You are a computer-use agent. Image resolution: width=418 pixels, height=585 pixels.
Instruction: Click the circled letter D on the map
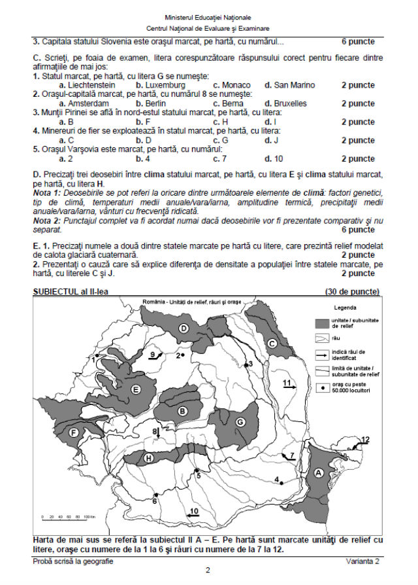184,328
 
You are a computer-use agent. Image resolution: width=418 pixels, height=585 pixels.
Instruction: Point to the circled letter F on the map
74,432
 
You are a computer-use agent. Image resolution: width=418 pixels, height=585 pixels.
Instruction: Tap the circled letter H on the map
149,459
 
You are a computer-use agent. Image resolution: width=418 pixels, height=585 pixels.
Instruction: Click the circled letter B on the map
183,410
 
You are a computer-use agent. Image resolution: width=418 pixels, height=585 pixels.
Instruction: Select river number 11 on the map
286,383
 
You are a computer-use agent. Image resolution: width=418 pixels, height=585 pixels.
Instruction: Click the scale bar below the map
68,517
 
